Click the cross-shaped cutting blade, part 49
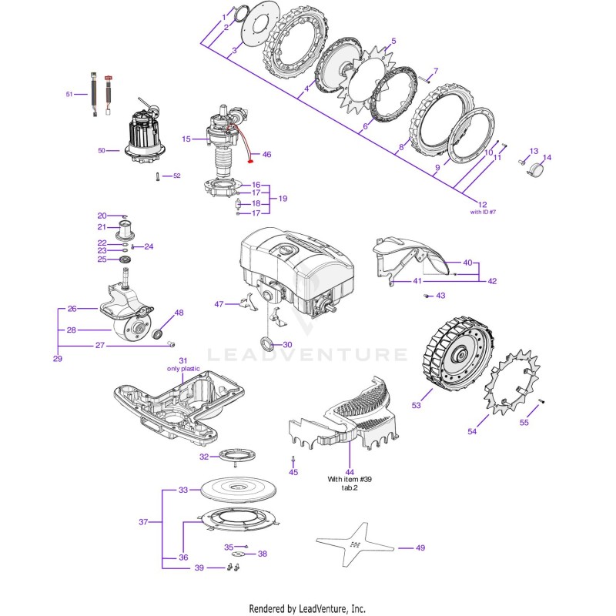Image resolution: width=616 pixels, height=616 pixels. point(356,545)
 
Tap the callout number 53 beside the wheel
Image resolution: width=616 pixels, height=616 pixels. point(416,405)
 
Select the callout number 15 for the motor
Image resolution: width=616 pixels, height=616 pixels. point(186,139)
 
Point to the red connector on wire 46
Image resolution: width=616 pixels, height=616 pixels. point(249,160)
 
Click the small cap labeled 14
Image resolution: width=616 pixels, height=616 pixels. point(535,169)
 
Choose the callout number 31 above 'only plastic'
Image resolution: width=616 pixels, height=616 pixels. point(183,360)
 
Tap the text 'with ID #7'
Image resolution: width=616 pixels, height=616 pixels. point(483,213)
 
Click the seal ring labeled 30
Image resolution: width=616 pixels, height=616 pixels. point(267,342)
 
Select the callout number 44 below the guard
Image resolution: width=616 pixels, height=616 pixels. point(350,472)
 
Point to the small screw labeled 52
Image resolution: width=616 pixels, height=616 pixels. point(158,177)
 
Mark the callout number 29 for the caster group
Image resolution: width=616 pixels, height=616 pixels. point(57,358)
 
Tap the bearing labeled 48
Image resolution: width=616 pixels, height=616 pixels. point(157,334)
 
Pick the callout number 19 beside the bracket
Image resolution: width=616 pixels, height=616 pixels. point(283,199)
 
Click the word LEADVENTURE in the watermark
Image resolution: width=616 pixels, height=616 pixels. point(307,354)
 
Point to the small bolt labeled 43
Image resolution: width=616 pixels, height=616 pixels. point(427,296)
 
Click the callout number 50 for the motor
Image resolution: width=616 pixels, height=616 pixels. point(102,150)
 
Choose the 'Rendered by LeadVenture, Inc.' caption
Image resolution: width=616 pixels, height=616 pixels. point(307,608)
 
